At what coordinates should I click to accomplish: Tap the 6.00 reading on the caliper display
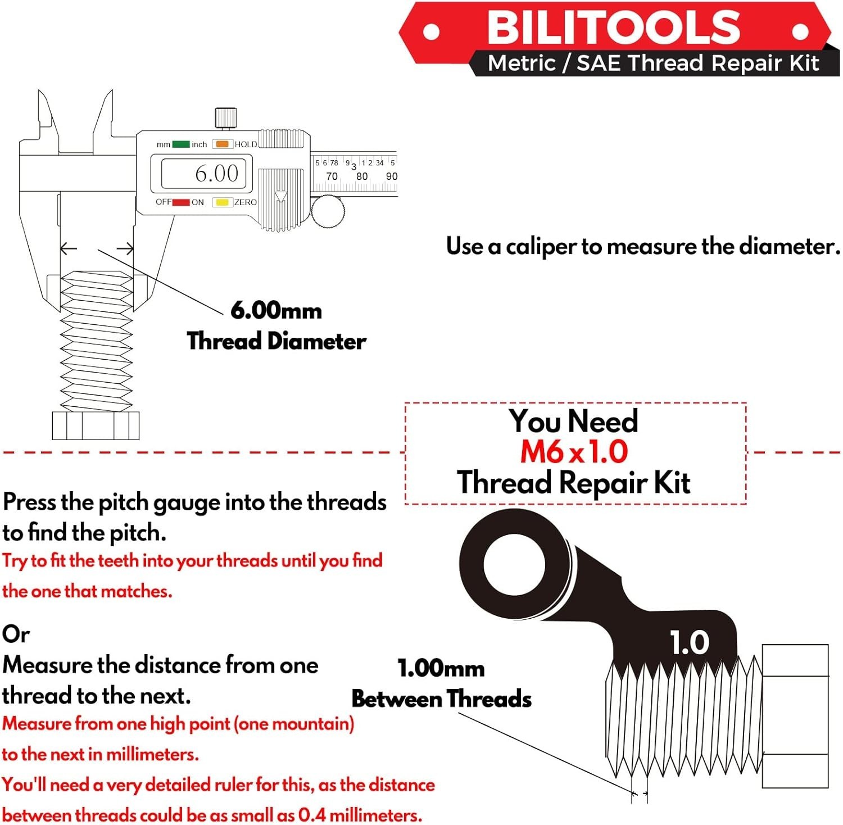click(216, 174)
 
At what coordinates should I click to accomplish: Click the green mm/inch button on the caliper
click(181, 144)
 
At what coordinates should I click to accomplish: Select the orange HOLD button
click(222, 144)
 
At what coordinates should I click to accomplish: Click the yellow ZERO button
click(222, 202)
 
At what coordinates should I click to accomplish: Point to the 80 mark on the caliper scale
click(362, 176)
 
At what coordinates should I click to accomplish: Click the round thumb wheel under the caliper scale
click(328, 211)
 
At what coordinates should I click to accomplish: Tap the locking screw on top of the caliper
click(225, 119)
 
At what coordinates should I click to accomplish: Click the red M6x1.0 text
click(574, 452)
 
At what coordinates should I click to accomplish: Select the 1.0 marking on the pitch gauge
click(690, 642)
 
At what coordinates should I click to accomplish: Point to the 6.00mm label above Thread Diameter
click(276, 311)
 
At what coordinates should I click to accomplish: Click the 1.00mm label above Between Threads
click(441, 669)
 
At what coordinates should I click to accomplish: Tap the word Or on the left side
click(16, 634)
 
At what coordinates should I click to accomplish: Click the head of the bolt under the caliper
click(96, 425)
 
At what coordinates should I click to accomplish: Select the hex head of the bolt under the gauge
click(795, 716)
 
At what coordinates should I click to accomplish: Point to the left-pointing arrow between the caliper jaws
click(69, 248)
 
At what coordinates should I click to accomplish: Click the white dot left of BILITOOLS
click(431, 31)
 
